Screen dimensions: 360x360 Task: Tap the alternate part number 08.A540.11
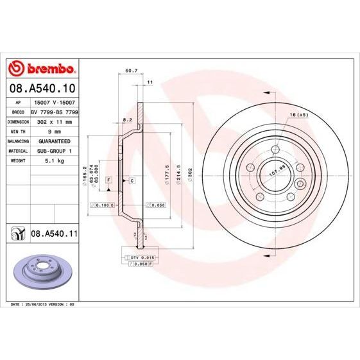[54, 234]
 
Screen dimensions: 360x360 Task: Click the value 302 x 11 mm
[55, 121]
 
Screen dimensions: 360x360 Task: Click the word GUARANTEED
[55, 141]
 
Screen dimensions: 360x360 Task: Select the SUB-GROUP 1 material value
[55, 150]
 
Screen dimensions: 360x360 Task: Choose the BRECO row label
[19, 111]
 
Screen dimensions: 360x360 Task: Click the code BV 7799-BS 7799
[55, 111]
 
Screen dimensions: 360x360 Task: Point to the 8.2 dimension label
[127, 120]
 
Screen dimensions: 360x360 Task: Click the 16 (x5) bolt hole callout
[299, 114]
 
